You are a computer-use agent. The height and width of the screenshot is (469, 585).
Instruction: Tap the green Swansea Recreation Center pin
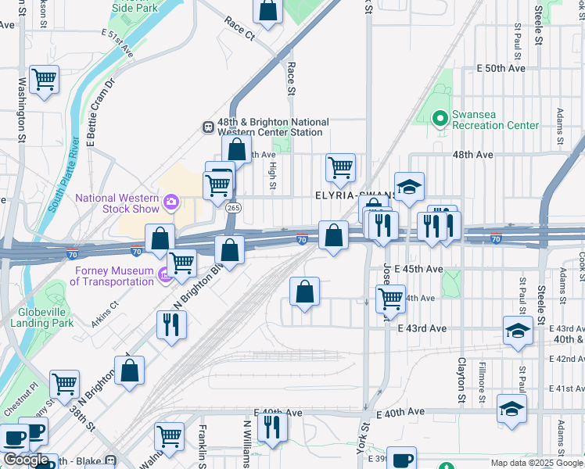point(440,119)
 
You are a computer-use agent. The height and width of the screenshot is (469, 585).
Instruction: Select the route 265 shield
point(233,209)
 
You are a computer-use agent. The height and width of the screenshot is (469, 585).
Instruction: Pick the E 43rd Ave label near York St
point(421,329)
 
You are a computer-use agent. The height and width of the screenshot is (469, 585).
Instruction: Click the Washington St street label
point(22,107)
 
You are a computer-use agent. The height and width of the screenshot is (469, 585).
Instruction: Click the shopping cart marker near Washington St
point(45,79)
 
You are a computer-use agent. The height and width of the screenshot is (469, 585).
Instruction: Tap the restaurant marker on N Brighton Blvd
point(171,324)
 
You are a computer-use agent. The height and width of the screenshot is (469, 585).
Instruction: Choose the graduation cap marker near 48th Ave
point(408,187)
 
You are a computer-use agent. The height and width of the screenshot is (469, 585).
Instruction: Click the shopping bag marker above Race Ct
point(267,10)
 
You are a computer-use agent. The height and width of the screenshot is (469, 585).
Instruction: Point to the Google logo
point(26,460)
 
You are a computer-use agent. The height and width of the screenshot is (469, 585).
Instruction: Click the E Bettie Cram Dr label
point(101,112)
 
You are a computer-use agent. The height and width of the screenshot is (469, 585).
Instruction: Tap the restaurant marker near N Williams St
point(272,427)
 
